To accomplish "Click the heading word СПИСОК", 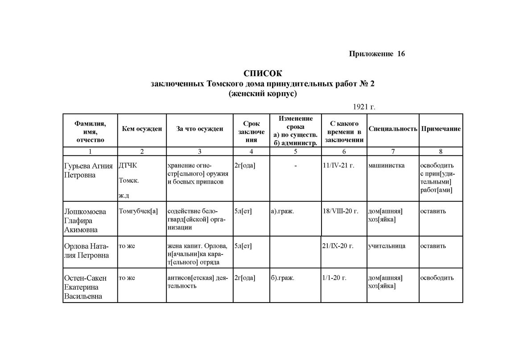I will pyautogui.click(x=263, y=73).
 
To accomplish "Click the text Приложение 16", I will pyautogui.click(x=376, y=54).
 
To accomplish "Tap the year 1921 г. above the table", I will pyautogui.click(x=364, y=107).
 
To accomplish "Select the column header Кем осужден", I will pyautogui.click(x=141, y=129).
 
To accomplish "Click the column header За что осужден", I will pyautogui.click(x=199, y=129).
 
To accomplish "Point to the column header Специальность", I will pyautogui.click(x=392, y=129).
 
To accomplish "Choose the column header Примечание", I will pyautogui.click(x=441, y=129).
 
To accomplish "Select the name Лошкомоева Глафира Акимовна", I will pyautogui.click(x=85, y=220).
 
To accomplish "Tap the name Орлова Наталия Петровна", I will pyautogui.click(x=87, y=250).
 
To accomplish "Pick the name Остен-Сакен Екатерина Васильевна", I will pyautogui.click(x=86, y=287).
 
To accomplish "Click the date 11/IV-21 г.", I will pyautogui.click(x=338, y=166).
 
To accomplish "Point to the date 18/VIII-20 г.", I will pyautogui.click(x=340, y=211).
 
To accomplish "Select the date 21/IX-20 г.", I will pyautogui.click(x=337, y=246).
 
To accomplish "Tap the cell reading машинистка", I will pyautogui.click(x=387, y=166).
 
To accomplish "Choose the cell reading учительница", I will pyautogui.click(x=387, y=246).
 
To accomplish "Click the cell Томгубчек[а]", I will pyautogui.click(x=138, y=211).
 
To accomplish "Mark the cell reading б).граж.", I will pyautogui.click(x=282, y=278).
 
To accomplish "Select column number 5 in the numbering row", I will pyautogui.click(x=295, y=151).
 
